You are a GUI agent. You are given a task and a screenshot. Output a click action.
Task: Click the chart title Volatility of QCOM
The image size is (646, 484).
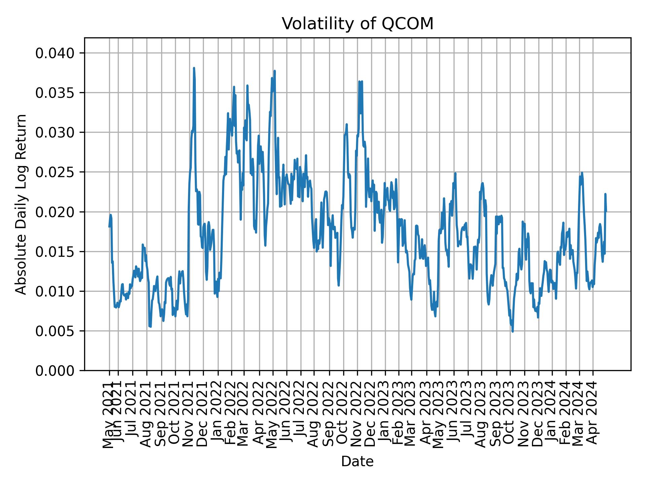(357, 24)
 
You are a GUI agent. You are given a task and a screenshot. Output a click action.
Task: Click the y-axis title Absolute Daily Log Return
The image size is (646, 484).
(21, 204)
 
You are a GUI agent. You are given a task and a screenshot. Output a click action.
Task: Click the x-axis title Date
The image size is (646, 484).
(357, 461)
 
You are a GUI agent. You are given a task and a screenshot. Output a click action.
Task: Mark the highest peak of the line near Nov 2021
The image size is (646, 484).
(194, 68)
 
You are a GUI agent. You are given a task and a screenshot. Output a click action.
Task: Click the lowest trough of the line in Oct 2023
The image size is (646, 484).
(512, 332)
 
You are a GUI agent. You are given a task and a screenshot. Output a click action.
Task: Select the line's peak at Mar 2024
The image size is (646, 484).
(582, 173)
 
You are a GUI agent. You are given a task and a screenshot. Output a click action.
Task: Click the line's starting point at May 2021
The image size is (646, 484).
(109, 227)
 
